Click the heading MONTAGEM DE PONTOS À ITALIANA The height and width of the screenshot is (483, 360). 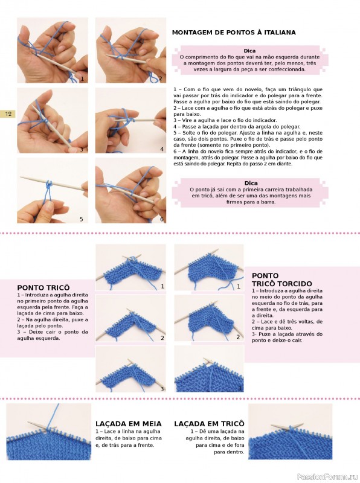[234, 33]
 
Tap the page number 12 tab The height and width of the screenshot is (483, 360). [7, 114]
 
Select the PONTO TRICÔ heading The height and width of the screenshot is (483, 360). [43, 288]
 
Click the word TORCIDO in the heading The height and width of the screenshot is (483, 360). [293, 284]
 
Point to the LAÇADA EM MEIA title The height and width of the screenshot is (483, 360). [129, 424]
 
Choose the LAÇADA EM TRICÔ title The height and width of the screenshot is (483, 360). [209, 424]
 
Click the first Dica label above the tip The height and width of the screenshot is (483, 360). [249, 51]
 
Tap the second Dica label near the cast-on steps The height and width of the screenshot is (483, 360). [251, 184]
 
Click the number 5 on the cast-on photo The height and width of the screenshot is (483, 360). [82, 219]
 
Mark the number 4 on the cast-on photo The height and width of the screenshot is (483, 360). [162, 149]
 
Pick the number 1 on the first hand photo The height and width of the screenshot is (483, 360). [82, 79]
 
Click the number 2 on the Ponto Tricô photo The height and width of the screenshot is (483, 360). [162, 338]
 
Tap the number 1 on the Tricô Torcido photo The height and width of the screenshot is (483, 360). [238, 287]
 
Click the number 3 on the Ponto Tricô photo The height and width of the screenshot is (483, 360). [162, 389]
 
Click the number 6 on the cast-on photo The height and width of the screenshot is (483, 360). [162, 219]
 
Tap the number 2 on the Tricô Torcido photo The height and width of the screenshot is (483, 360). [238, 337]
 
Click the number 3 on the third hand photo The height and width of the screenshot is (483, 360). [82, 149]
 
